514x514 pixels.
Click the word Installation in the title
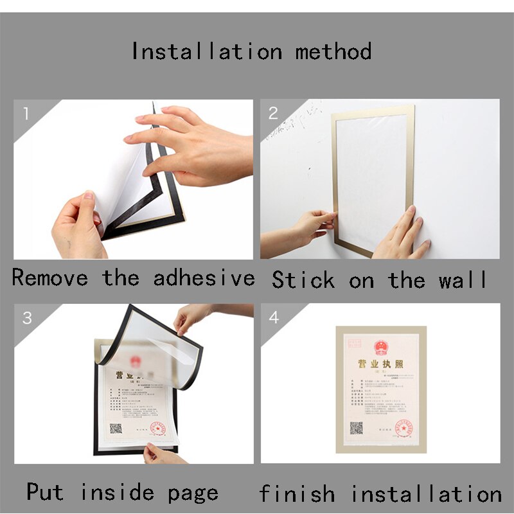(206, 51)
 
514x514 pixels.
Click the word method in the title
(333, 51)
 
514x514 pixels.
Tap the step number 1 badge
(26, 115)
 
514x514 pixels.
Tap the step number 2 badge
(273, 114)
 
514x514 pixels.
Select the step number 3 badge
(27, 317)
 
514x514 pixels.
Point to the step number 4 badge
(274, 317)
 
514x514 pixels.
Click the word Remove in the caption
(50, 278)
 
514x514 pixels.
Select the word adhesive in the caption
(204, 278)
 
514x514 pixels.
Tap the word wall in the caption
(463, 280)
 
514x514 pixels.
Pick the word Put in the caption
(45, 492)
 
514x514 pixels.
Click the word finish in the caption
(297, 493)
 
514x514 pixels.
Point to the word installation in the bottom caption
(426, 493)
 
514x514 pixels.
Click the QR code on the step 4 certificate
(357, 428)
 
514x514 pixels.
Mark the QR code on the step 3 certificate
(116, 427)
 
